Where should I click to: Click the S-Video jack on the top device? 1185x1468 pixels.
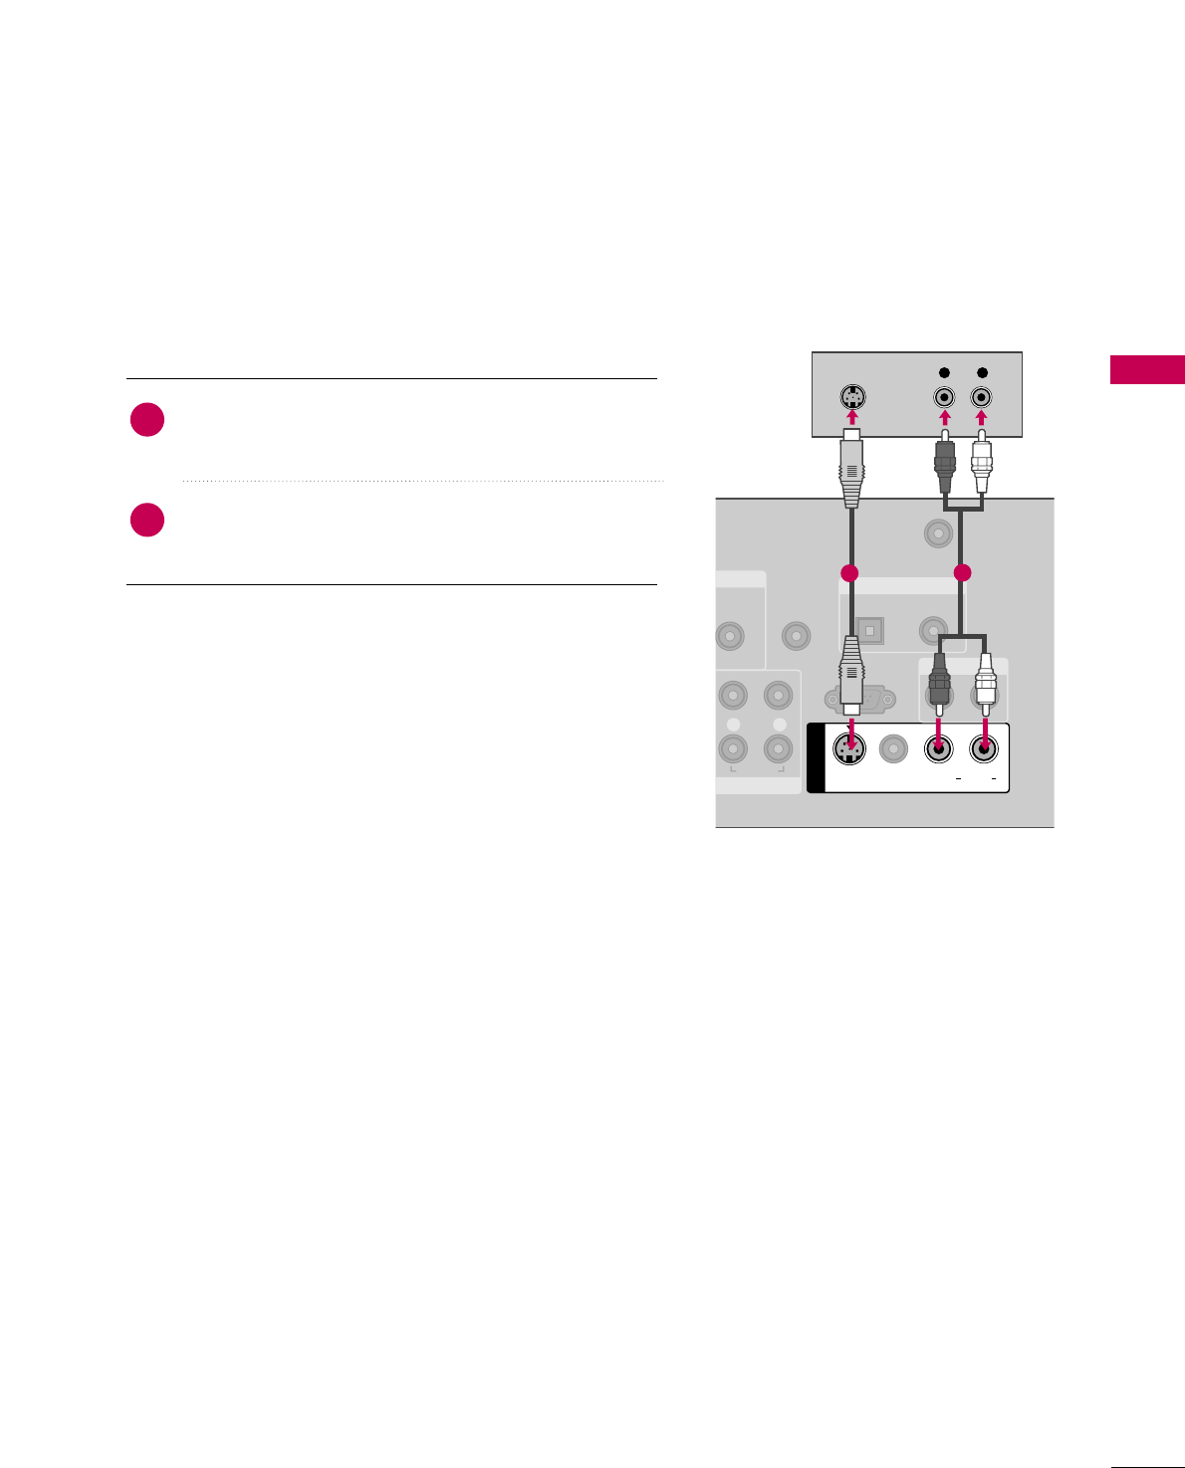tap(850, 396)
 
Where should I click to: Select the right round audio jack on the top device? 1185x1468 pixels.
tap(982, 396)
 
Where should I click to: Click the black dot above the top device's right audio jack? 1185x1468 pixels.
tap(982, 373)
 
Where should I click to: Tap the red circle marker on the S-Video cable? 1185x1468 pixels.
tap(849, 573)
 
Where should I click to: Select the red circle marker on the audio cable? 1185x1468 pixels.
tap(962, 573)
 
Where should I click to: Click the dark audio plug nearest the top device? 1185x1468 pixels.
tap(945, 458)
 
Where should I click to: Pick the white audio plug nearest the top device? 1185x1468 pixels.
tap(982, 458)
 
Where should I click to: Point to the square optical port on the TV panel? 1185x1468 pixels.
tap(870, 631)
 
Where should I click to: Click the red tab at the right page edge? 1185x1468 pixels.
tap(1147, 369)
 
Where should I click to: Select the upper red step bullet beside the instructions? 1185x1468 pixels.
tap(147, 420)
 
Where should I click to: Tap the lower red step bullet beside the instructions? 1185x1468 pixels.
tap(147, 521)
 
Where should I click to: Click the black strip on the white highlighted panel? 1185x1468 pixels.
tap(816, 758)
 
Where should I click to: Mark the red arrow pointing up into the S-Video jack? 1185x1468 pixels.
tap(851, 415)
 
